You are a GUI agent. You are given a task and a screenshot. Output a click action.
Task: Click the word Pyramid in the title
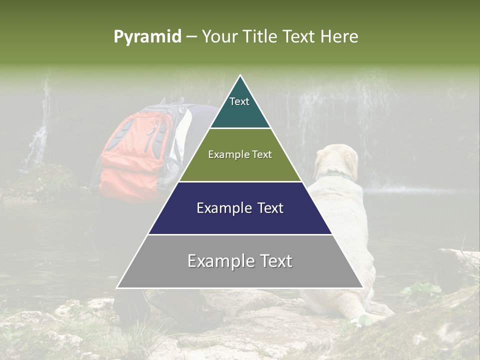coord(147,37)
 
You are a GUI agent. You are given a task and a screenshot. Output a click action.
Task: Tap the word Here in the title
coord(339,36)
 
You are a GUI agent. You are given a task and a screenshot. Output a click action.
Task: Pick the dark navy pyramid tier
coord(240,220)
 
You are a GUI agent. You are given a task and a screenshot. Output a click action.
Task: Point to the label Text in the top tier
coord(239,101)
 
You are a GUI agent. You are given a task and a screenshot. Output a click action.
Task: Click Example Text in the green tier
coord(240,154)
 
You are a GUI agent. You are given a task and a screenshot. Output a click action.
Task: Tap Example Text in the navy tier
coord(240,208)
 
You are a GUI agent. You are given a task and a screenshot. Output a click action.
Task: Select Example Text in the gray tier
coord(240,261)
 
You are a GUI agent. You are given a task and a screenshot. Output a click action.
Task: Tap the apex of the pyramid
coord(240,76)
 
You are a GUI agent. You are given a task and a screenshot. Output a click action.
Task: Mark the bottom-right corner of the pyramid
coord(362,287)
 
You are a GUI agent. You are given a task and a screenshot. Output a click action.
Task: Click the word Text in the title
coord(300,36)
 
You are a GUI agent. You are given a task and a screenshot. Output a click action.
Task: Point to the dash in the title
coord(191,37)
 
